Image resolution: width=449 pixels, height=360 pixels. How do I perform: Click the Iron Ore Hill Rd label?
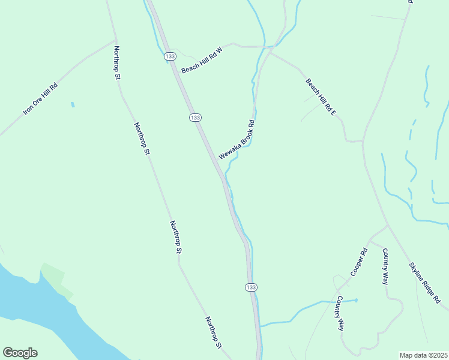[x=40, y=98]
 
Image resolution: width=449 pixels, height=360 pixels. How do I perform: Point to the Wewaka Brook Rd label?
[x=237, y=140]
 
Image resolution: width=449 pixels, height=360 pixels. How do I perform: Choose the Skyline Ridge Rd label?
[x=424, y=285]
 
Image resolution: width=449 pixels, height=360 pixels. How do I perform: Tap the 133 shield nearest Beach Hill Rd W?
[x=171, y=56]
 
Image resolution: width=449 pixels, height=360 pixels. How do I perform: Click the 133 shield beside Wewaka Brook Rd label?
[x=194, y=118]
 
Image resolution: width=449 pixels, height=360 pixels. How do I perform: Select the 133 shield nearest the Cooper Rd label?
[x=251, y=288]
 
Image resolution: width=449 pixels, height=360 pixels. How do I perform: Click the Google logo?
[x=20, y=353]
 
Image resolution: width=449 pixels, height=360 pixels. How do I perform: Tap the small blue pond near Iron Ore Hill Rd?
[x=73, y=104]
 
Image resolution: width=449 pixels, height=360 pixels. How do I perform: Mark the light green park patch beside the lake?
[x=57, y=279]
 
